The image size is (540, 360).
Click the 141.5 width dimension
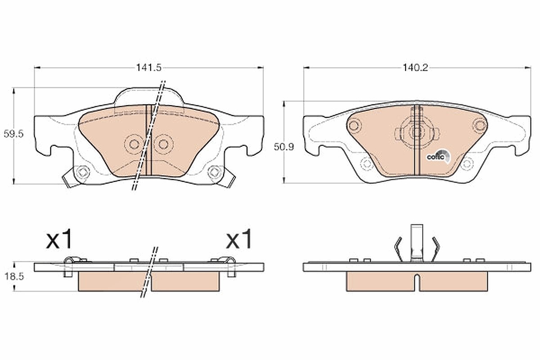pos(149,68)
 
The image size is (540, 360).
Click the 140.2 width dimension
pos(415,68)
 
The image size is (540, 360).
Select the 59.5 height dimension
pos(13,134)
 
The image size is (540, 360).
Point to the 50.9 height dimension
pos(284,147)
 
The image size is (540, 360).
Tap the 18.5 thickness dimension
pos(14,277)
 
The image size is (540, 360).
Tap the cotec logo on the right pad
pos(438,156)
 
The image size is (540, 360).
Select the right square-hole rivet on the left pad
pos(215,172)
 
